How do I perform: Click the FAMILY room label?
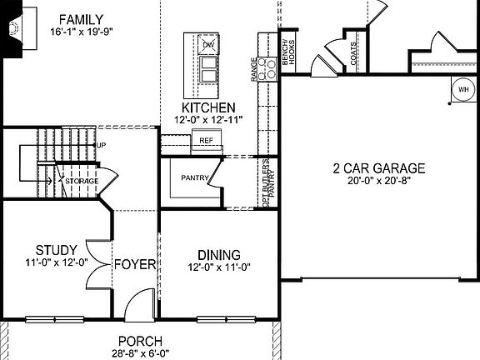(81, 19)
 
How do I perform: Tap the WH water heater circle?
(462, 87)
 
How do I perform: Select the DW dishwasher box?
(207, 44)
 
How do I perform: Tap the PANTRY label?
(190, 177)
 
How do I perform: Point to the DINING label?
(219, 254)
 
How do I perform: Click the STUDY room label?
(57, 250)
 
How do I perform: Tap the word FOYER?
(135, 265)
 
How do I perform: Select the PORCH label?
(139, 341)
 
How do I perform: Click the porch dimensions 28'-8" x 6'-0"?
(139, 352)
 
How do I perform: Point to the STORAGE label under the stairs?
(82, 181)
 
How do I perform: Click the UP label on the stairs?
(102, 146)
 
